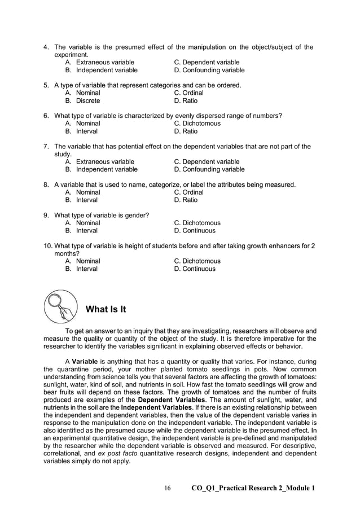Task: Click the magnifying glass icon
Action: click(60, 307)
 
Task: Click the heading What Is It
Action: click(106, 309)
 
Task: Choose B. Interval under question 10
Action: click(81, 269)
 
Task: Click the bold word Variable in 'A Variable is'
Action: click(84, 362)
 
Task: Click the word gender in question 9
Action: click(137, 215)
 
